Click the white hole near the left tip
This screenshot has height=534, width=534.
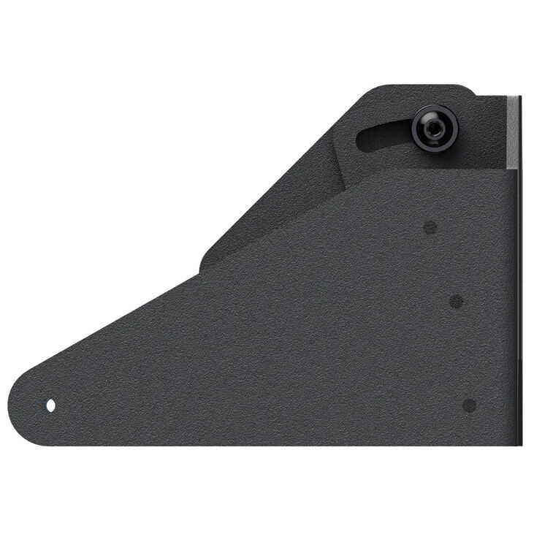click(x=51, y=405)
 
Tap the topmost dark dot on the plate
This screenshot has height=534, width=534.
click(x=430, y=227)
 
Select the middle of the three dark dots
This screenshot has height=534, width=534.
click(x=456, y=301)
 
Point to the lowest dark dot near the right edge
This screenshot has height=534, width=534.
click(x=470, y=405)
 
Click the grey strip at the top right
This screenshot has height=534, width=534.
click(x=514, y=131)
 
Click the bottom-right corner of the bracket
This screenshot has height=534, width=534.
click(x=519, y=443)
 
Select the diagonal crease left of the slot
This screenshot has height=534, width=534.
click(x=337, y=157)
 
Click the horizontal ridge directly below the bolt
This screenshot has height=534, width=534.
click(x=438, y=170)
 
